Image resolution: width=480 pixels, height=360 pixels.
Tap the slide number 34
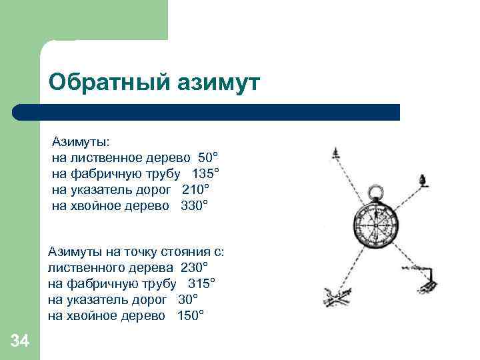tap(20, 342)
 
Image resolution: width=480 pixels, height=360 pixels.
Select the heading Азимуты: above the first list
tap(81, 142)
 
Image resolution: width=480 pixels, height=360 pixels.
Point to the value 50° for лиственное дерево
tap(208, 158)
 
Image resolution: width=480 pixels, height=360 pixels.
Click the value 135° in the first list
tap(205, 174)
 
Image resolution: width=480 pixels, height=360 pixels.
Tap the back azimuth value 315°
tap(201, 284)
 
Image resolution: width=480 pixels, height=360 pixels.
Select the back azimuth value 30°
tap(188, 300)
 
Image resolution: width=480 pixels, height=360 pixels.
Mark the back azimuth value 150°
tap(191, 316)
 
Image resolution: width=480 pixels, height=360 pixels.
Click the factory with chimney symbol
tap(427, 283)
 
